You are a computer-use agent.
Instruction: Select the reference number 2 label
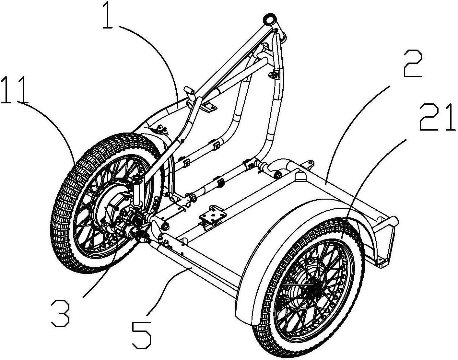pos(412,64)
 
